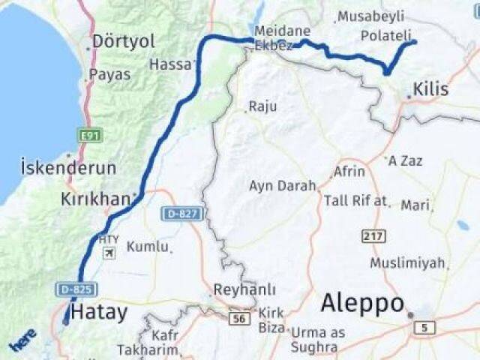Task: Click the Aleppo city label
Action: pos(363,304)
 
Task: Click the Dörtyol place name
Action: pos(124,41)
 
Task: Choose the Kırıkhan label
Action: pos(95,200)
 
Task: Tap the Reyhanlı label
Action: pos(244,289)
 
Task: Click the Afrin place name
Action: pos(349,172)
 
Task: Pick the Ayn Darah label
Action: pos(282,186)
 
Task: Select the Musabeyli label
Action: pos(370,16)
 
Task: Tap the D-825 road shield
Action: pos(76,289)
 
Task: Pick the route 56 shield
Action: pos(239,319)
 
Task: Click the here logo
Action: pos(22,342)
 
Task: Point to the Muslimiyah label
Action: pos(408,263)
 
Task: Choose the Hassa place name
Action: pos(170,64)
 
